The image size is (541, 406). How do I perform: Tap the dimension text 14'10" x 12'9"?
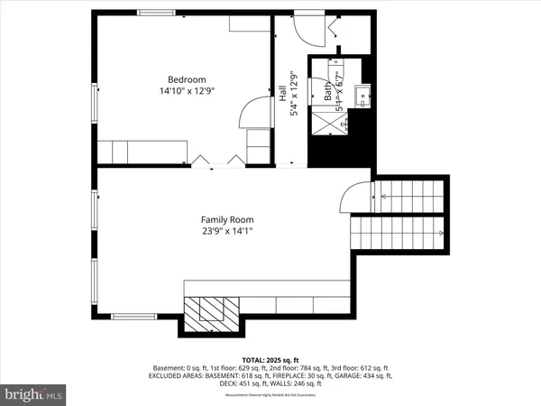point(188,91)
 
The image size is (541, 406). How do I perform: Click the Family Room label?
point(226,219)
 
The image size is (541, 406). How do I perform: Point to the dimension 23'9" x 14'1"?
point(226,232)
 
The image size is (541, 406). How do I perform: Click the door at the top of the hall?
point(312,28)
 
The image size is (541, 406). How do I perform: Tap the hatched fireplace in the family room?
point(214,312)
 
